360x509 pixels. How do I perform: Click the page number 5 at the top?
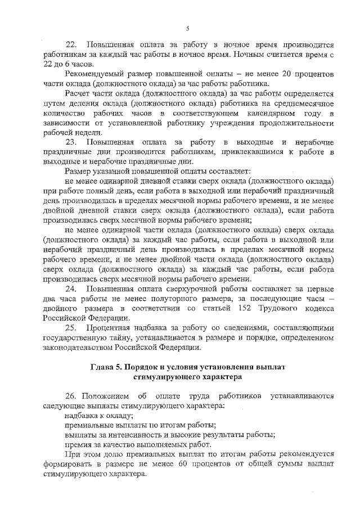point(188,28)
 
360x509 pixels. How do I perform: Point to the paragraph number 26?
point(72,395)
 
